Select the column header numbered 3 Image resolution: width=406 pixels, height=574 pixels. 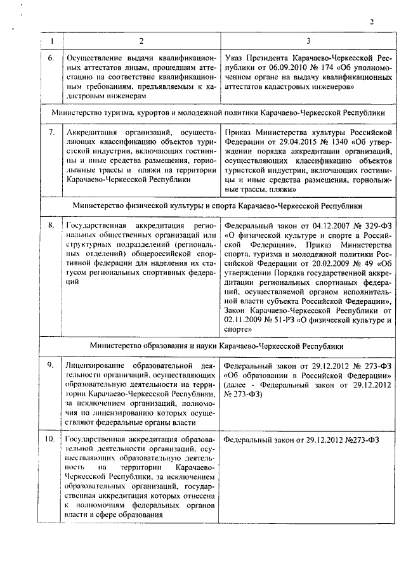coord(307,41)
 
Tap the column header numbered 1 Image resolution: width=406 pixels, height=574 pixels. coord(51,41)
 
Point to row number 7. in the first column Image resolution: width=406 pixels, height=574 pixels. coord(51,132)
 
